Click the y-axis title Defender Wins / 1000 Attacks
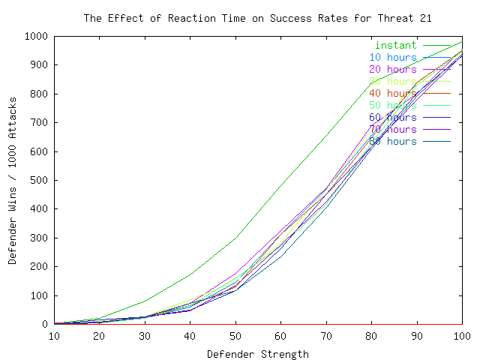pos(13,180)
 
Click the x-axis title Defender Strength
pos(258,353)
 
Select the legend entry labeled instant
pos(395,45)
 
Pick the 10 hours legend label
pos(392,57)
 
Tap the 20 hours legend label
pos(392,69)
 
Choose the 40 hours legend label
pos(392,93)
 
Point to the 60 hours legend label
pos(392,117)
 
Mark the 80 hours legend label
pos(392,141)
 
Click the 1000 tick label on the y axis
pos(36,36)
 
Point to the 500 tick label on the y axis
pos(39,180)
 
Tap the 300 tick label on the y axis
pos(39,238)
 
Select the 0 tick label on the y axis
pos(45,324)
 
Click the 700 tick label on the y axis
pos(39,122)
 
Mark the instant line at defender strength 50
pos(235,238)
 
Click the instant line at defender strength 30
pos(145,301)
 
